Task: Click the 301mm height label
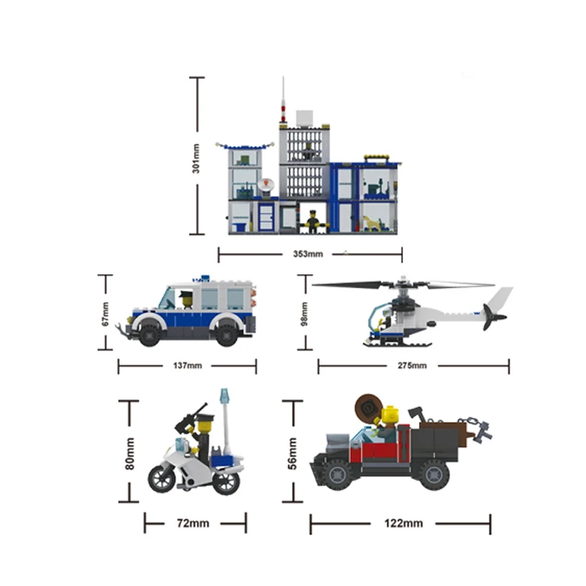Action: click(196, 159)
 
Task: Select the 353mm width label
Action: click(308, 254)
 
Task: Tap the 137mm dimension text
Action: click(188, 366)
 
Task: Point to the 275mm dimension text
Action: click(412, 366)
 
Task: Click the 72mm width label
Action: click(193, 523)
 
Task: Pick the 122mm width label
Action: click(404, 523)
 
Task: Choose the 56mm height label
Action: click(292, 453)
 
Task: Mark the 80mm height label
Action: click(129, 454)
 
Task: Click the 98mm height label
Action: click(305, 314)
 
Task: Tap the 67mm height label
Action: click(105, 314)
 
